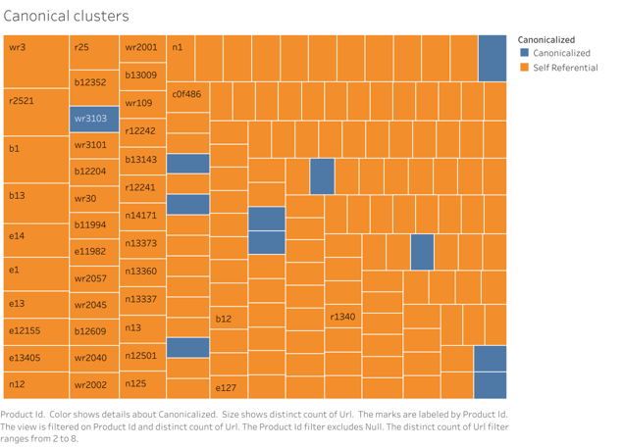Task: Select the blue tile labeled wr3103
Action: point(94,120)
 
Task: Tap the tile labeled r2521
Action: point(35,111)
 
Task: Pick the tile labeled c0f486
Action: point(186,97)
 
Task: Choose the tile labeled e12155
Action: point(35,331)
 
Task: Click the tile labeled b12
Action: point(230,320)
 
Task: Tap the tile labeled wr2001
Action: point(142,47)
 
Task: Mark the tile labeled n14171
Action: point(142,215)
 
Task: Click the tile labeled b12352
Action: point(94,82)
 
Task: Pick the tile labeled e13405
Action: point(35,359)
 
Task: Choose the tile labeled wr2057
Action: point(94,278)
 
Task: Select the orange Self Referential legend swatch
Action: point(524,68)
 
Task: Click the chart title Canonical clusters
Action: point(67,17)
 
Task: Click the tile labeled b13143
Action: point(142,159)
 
